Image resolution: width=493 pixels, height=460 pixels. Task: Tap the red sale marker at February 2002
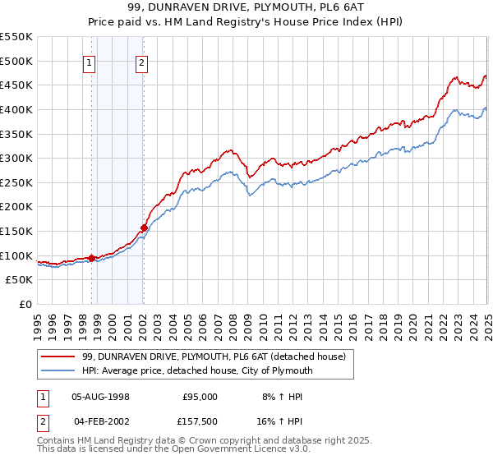[x=144, y=228]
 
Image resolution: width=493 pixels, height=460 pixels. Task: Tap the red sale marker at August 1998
[x=91, y=258]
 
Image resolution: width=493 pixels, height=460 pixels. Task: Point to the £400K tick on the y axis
[x=18, y=109]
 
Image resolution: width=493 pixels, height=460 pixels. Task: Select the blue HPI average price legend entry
[x=197, y=370]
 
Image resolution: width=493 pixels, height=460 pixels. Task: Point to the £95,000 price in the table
[x=200, y=397]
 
